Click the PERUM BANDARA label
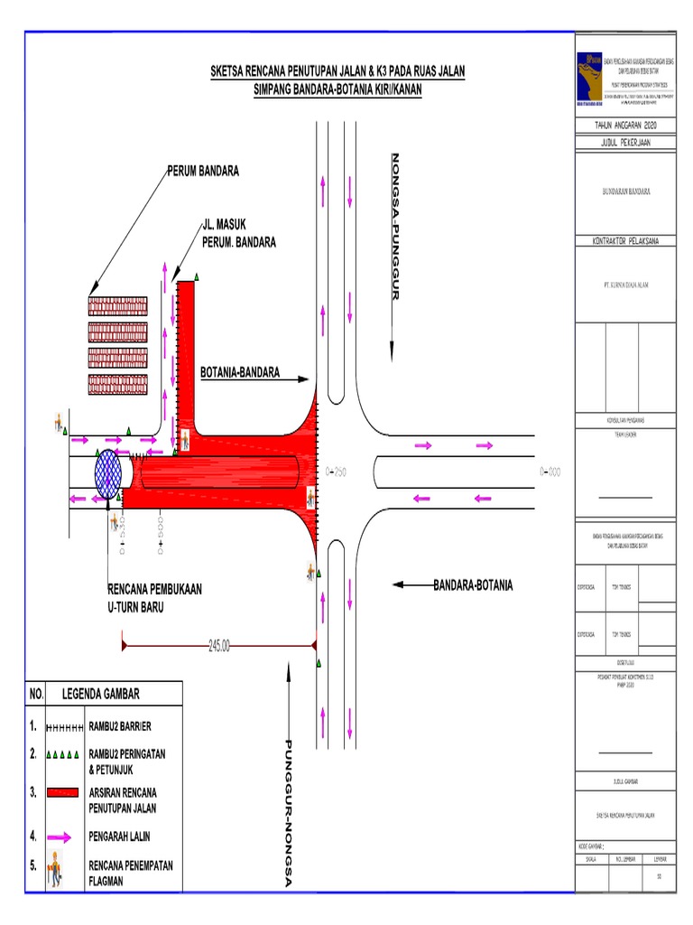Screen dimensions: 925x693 [202, 172]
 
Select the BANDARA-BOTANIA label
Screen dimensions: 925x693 [473, 585]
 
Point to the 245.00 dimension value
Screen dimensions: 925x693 [219, 646]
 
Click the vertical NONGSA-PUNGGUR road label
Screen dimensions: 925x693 [393, 227]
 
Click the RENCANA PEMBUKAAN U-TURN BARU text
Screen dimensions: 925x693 [154, 598]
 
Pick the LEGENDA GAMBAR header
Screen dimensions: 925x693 [101, 694]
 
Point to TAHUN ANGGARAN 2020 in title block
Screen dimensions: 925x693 [625, 125]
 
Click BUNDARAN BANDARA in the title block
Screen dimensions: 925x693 [625, 192]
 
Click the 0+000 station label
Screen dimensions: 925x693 [550, 472]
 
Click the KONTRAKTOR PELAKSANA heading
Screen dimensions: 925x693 [625, 241]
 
